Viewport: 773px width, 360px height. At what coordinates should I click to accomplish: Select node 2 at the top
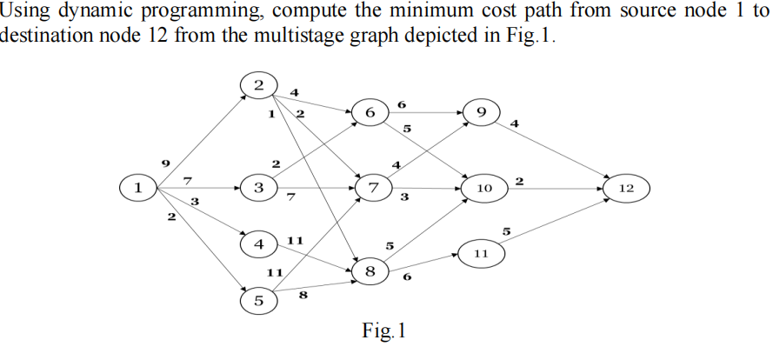(x=258, y=85)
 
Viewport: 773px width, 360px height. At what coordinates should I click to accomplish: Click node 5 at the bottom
(x=258, y=301)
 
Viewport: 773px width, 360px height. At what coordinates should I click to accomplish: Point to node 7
(x=374, y=187)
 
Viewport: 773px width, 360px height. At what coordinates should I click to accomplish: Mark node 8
(x=371, y=272)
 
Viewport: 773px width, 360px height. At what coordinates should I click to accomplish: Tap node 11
(x=483, y=253)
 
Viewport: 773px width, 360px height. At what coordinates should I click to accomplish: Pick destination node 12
(x=626, y=187)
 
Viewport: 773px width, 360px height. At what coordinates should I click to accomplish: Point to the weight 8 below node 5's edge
(x=303, y=296)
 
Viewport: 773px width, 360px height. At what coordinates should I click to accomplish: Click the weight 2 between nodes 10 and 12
(x=519, y=180)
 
